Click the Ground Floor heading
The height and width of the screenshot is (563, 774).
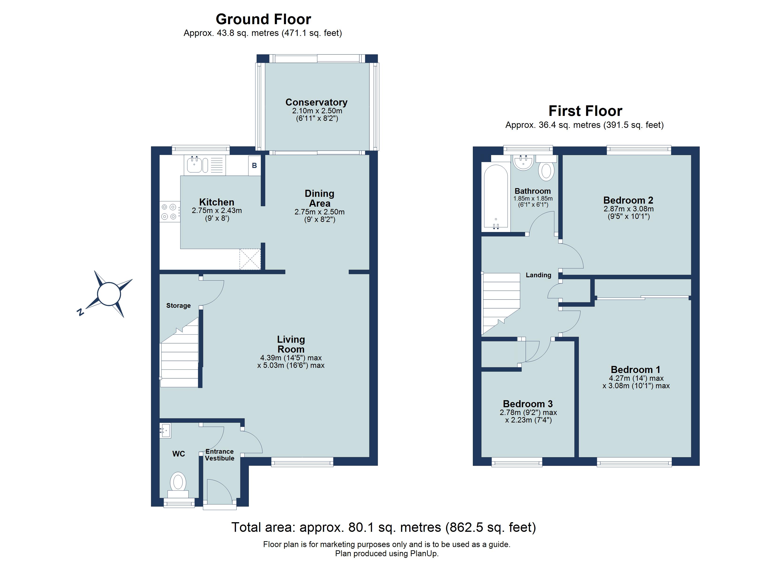263,19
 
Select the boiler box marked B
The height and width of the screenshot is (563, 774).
254,166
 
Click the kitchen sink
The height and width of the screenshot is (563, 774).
194,165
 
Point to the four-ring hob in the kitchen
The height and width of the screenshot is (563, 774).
170,211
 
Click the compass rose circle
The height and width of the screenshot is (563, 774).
109,294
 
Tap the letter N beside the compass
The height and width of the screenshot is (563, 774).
80,312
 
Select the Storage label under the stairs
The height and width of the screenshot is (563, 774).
178,306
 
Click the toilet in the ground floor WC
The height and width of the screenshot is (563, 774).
178,482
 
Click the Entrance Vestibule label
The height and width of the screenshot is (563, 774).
220,455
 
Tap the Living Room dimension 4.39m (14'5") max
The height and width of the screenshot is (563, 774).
291,358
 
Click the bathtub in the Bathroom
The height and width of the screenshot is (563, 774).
496,196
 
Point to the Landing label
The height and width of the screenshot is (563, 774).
538,275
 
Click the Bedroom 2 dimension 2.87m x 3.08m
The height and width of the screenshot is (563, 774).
629,209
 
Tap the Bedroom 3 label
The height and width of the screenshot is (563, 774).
527,404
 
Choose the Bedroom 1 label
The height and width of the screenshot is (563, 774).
635,369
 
